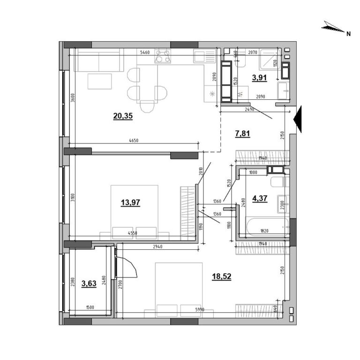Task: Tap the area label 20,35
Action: [x=123, y=116]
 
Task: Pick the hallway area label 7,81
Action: [x=242, y=133]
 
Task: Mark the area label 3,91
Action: [x=260, y=78]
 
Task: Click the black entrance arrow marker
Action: [x=299, y=120]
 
